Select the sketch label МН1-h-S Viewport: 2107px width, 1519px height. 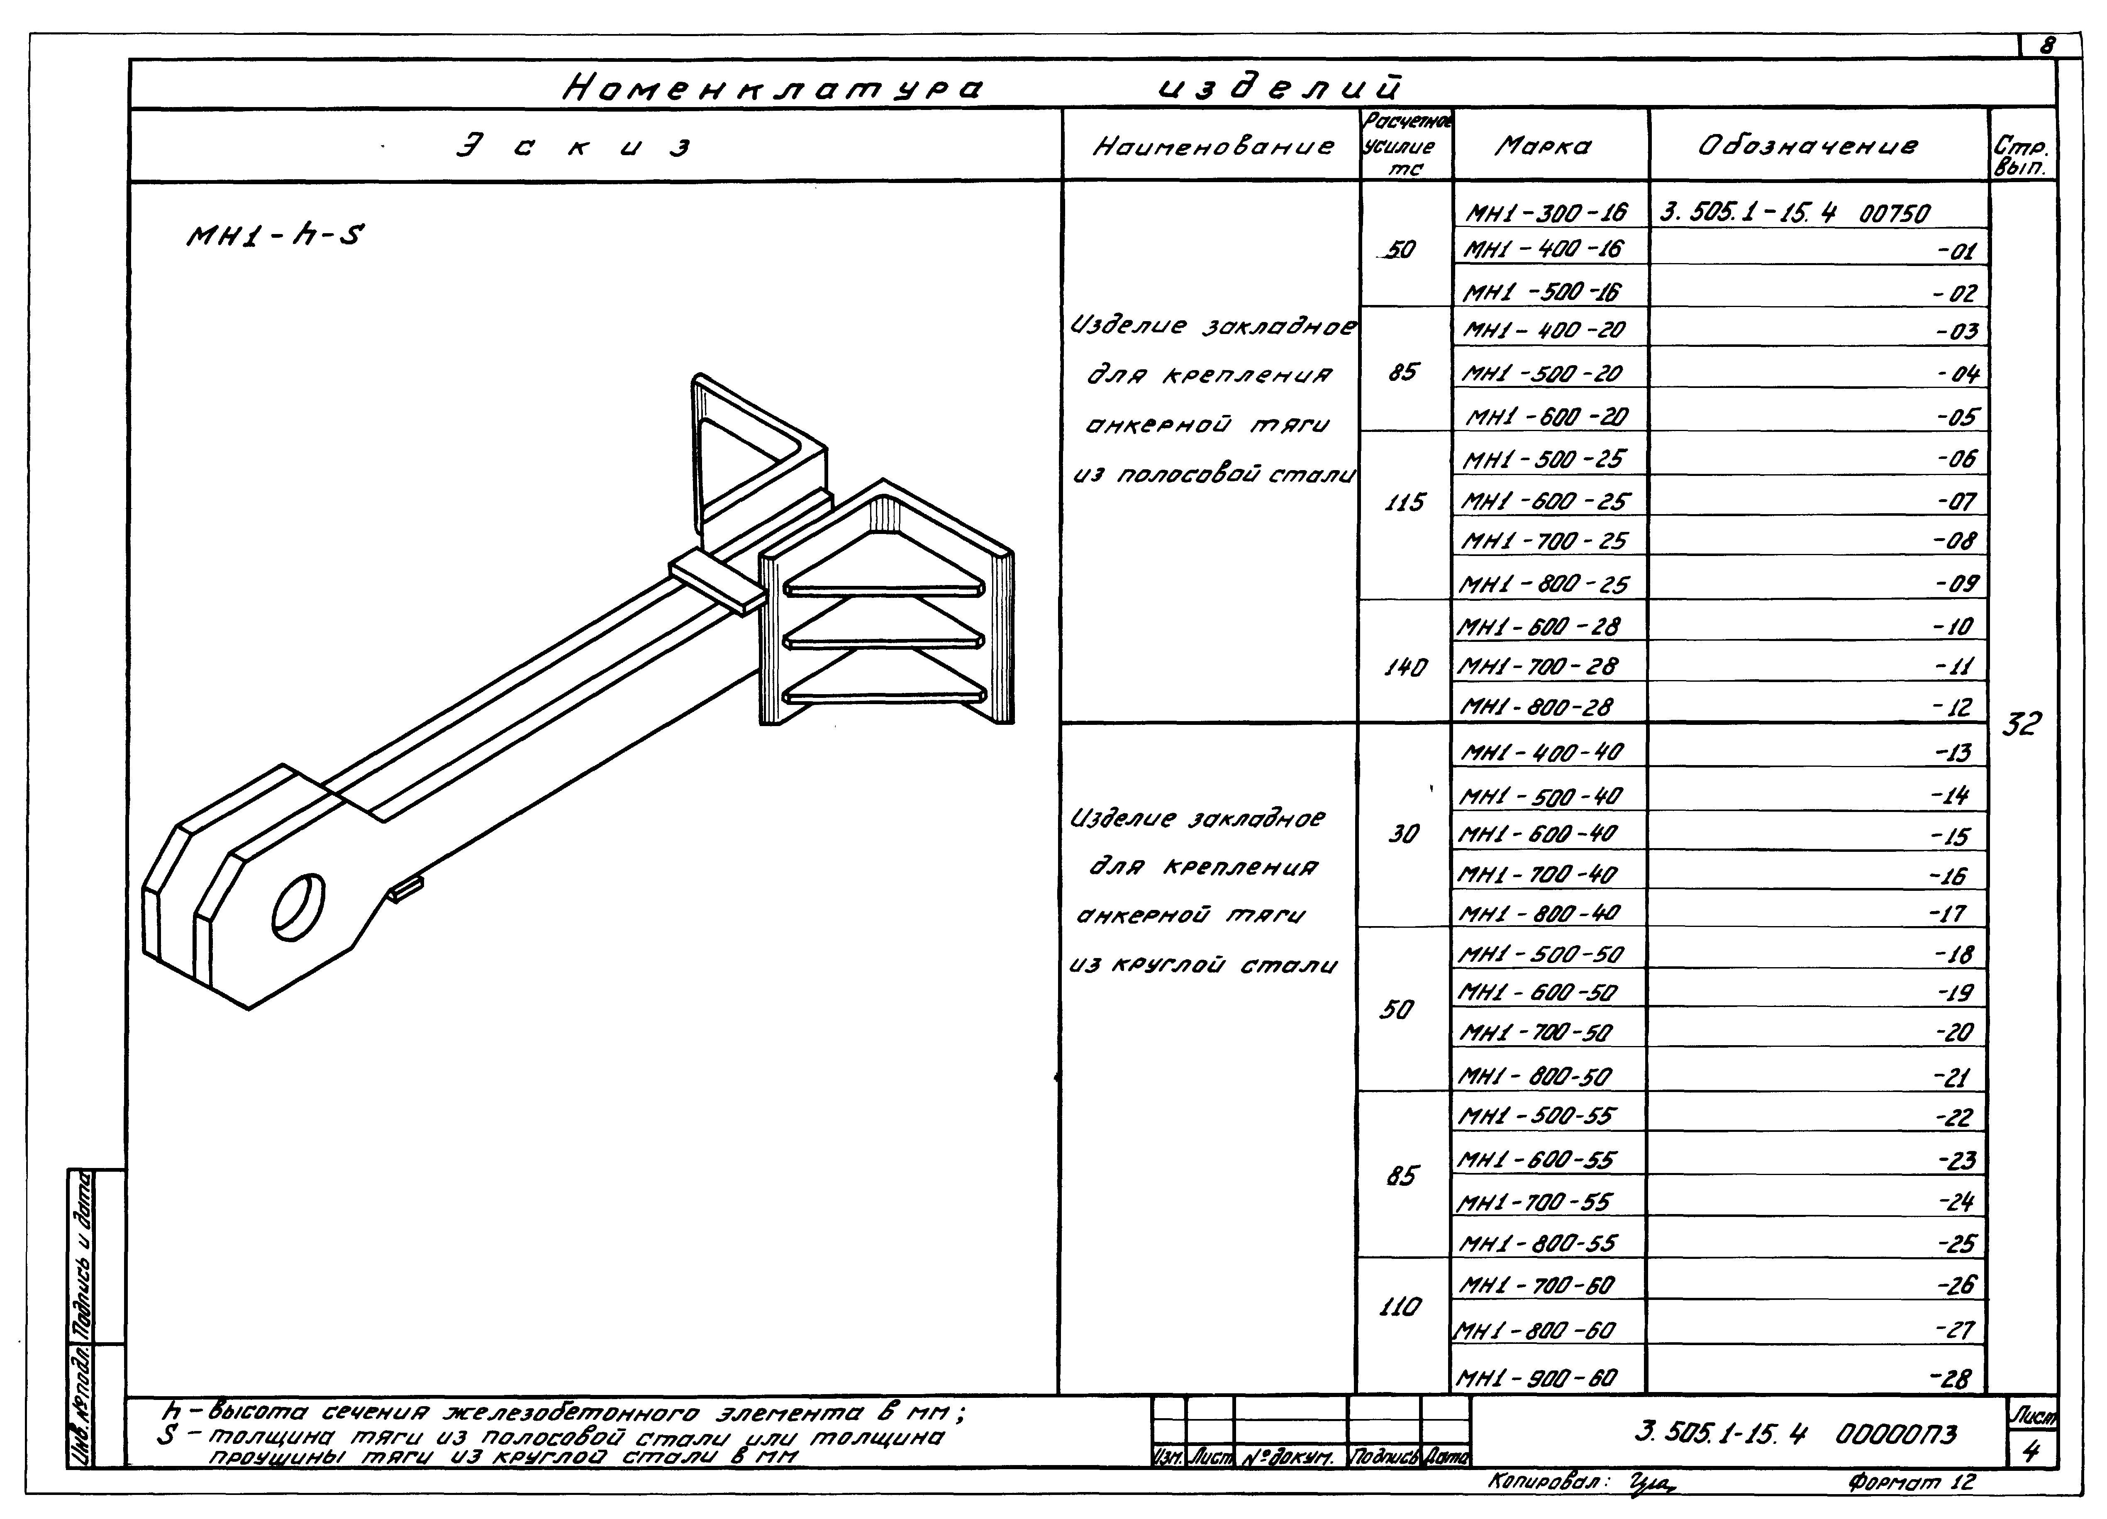tap(275, 237)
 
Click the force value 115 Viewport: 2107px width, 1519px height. tap(1404, 502)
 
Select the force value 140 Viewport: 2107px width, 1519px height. tap(1404, 667)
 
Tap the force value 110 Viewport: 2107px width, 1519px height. tap(1399, 1307)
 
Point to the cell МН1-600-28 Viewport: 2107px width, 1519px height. tap(1539, 627)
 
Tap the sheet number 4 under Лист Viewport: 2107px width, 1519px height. tap(2031, 1451)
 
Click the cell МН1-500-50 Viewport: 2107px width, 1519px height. tap(1540, 954)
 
